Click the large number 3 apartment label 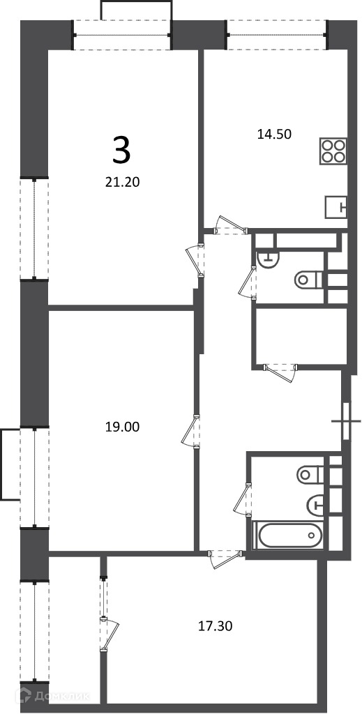click(121, 151)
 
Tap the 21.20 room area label click(121, 183)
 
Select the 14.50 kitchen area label click(274, 134)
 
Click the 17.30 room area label click(216, 626)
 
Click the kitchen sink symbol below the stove click(336, 208)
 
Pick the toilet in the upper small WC click(308, 279)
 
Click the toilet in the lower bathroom click(310, 475)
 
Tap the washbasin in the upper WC click(267, 259)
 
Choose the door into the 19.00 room click(191, 431)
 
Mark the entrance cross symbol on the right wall click(346, 421)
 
